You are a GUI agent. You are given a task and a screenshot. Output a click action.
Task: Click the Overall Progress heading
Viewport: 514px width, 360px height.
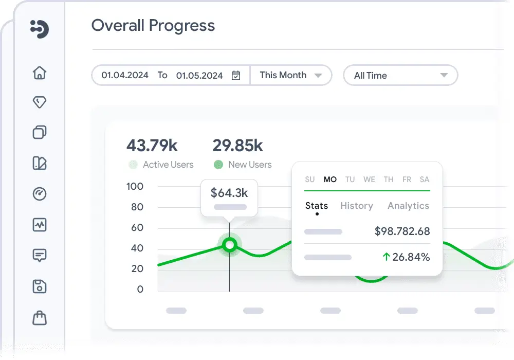pyautogui.click(x=153, y=26)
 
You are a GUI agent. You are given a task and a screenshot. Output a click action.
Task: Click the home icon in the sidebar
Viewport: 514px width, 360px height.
pyautogui.click(x=40, y=73)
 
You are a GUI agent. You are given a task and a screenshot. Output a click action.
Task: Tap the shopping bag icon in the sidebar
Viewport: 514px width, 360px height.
pyautogui.click(x=40, y=318)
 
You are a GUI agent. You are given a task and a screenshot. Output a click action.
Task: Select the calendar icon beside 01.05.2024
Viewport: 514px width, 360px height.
pyautogui.click(x=236, y=76)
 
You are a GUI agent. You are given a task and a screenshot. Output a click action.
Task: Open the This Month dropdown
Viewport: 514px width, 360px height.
pyautogui.click(x=290, y=75)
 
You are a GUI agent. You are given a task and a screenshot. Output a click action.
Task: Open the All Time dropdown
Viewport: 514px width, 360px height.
pyautogui.click(x=400, y=76)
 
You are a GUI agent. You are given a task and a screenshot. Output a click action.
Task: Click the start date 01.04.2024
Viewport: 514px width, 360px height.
pyautogui.click(x=125, y=75)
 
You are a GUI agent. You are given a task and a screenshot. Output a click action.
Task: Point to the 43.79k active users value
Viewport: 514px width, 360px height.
pyautogui.click(x=152, y=146)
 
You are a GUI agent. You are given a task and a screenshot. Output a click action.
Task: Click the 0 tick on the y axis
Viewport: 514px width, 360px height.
pyautogui.click(x=140, y=289)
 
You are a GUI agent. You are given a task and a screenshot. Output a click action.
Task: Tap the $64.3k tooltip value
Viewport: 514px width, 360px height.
pyautogui.click(x=229, y=193)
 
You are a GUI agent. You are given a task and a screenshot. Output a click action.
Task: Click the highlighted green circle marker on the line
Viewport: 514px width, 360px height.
pyautogui.click(x=230, y=245)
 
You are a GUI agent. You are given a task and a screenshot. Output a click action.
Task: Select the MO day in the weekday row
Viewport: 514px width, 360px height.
pyautogui.click(x=330, y=179)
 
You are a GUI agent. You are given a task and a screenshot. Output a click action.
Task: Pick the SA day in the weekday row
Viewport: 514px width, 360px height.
pyautogui.click(x=425, y=179)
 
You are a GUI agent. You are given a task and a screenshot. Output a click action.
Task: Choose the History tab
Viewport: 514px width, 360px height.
pyautogui.click(x=356, y=206)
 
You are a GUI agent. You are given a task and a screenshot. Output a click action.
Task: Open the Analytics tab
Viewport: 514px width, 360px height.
pyautogui.click(x=408, y=206)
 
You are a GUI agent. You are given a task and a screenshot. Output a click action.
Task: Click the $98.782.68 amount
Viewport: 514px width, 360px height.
pyautogui.click(x=402, y=231)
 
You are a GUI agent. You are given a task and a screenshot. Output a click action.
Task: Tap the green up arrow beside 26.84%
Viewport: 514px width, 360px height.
pyautogui.click(x=386, y=257)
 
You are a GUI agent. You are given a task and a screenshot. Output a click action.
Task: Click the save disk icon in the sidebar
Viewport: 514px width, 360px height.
pyautogui.click(x=40, y=286)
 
